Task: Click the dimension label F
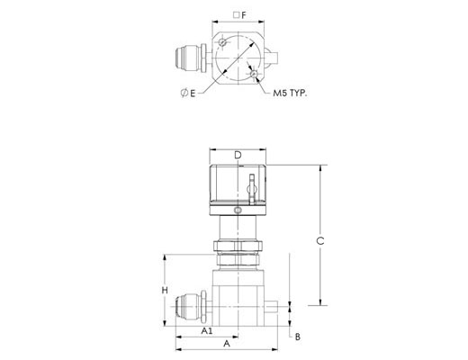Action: [244, 15]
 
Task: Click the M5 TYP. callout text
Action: [290, 93]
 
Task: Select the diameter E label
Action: [188, 94]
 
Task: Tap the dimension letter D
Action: [238, 155]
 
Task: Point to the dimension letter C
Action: [320, 240]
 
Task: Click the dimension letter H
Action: [165, 291]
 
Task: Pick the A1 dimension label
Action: [207, 331]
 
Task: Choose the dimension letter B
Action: [298, 337]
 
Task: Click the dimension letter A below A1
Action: [227, 344]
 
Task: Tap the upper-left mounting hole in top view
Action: [222, 42]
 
